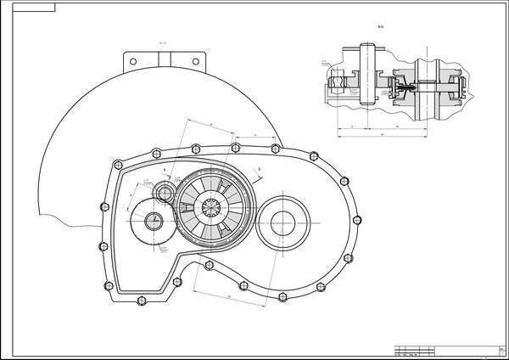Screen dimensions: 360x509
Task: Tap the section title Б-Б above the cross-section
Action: pyautogui.click(x=380, y=28)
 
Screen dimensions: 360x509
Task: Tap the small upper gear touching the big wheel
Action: pyautogui.click(x=163, y=194)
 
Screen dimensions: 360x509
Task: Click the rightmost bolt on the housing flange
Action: pyautogui.click(x=344, y=179)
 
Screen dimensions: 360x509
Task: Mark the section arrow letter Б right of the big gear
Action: pyautogui.click(x=260, y=170)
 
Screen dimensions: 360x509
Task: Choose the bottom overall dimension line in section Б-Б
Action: pyautogui.click(x=382, y=136)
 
